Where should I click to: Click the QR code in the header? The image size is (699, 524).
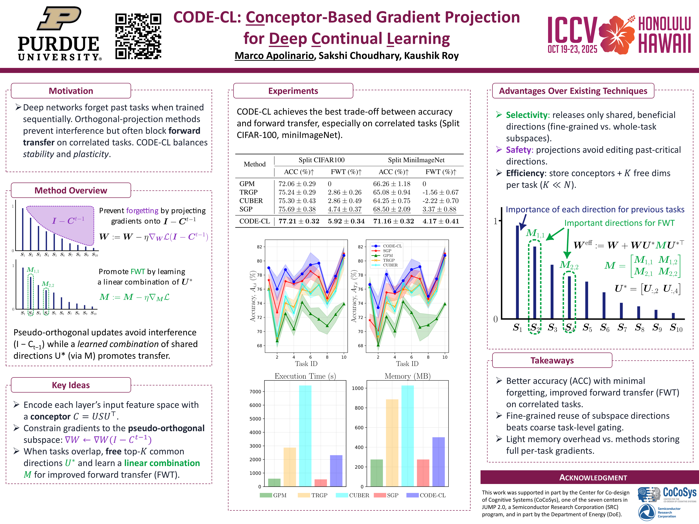point(138,36)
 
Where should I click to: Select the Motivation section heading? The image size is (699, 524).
point(71,91)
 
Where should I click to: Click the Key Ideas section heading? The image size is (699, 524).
point(71,385)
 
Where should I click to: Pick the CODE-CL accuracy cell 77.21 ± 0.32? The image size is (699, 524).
point(299,221)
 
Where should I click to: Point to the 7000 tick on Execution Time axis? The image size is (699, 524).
point(255,392)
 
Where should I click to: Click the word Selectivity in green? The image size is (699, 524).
point(527,115)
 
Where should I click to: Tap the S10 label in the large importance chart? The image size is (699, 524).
point(676,328)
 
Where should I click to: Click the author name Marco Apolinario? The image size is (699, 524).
point(274,56)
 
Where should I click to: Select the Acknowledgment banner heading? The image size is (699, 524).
point(593,477)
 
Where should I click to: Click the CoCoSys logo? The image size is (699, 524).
point(667,494)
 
